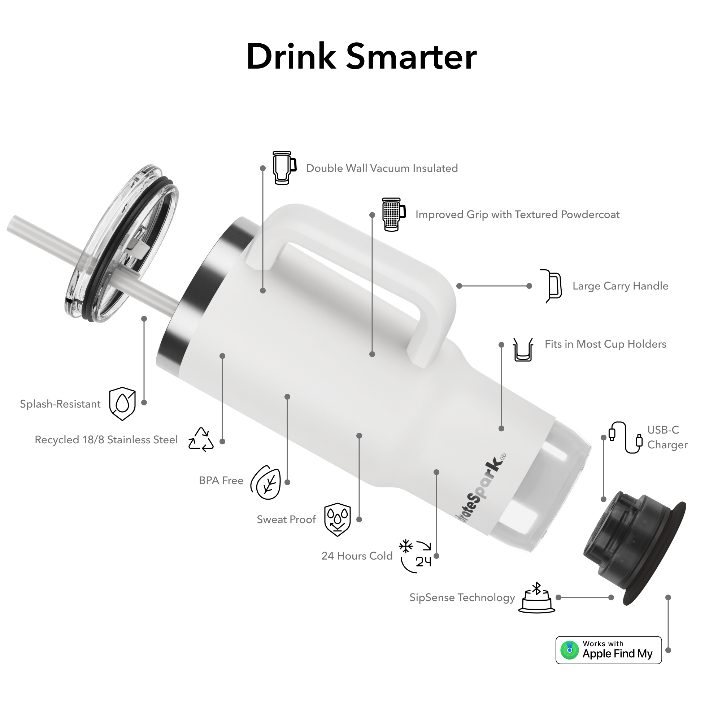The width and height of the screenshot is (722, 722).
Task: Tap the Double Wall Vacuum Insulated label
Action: click(382, 168)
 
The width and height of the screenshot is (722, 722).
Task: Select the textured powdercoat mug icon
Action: click(393, 214)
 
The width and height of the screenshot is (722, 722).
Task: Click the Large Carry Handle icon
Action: click(552, 286)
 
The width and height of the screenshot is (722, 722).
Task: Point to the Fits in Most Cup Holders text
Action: click(605, 344)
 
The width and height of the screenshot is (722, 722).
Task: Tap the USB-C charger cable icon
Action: click(626, 437)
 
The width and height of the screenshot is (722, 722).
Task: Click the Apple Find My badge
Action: click(608, 650)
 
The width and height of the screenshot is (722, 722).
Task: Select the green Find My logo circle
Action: click(570, 650)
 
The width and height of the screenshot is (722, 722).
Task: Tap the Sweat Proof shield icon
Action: click(338, 519)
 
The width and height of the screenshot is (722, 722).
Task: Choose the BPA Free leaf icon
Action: click(266, 482)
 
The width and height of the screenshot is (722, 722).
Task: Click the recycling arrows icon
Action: click(201, 440)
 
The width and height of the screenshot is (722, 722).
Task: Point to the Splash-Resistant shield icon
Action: click(122, 404)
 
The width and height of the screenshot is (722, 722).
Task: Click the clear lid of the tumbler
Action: click(121, 243)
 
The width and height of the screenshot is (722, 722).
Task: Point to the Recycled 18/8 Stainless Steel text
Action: click(106, 439)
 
